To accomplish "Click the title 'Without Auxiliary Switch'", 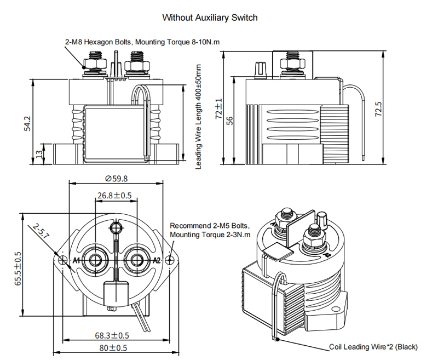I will pos(210,18).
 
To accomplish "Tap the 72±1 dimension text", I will pos(219,108).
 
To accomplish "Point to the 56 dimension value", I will pos(230,121).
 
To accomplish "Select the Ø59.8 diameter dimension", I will pos(116,179).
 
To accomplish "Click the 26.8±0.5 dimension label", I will pos(114,195).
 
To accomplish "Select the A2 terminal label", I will pos(156,260).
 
